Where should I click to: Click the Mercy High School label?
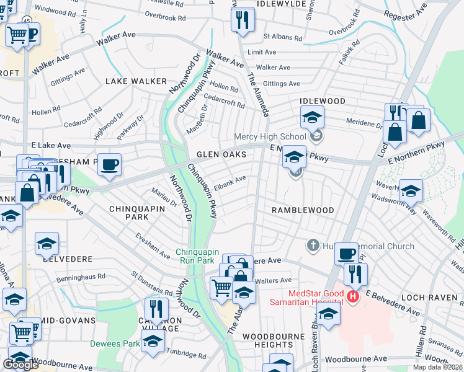pyautogui.click(x=270, y=136)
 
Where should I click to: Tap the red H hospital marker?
pyautogui.click(x=354, y=298)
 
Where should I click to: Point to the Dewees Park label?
pyautogui.click(x=115, y=343)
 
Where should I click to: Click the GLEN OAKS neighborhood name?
pyautogui.click(x=221, y=154)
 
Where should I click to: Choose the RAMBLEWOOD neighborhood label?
pyautogui.click(x=303, y=210)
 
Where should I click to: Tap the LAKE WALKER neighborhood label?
pyautogui.click(x=136, y=81)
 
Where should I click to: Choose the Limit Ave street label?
pyautogui.click(x=262, y=52)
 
